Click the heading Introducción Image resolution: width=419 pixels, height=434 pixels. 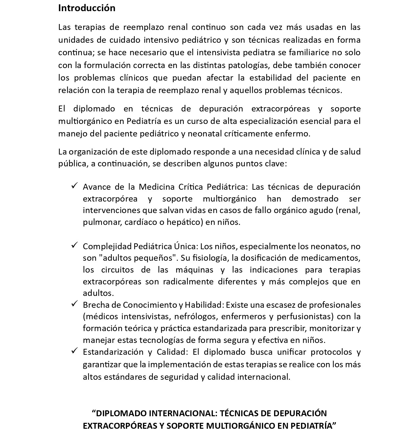pos(87,8)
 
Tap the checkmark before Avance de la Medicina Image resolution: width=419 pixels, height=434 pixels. pos(74,186)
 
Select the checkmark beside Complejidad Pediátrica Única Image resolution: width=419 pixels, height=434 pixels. pos(74,245)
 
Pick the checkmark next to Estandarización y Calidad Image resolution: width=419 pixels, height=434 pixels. pos(74,351)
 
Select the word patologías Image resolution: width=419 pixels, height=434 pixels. pos(250,65)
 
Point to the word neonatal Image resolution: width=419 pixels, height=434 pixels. pos(203,134)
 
